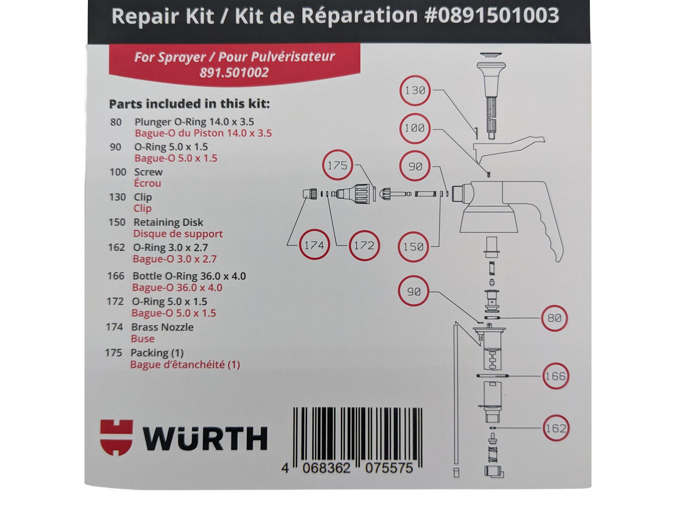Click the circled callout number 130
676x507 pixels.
(x=415, y=91)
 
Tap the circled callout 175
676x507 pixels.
(x=337, y=165)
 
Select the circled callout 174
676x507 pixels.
(x=314, y=245)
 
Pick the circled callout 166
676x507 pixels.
(x=556, y=376)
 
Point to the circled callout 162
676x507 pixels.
(x=556, y=428)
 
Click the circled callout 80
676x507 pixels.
(x=554, y=318)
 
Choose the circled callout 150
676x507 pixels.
(x=413, y=247)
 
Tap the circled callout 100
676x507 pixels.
(x=415, y=128)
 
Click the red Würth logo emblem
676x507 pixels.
(x=116, y=437)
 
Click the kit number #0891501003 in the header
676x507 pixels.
(x=492, y=15)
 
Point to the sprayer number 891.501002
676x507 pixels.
(x=234, y=73)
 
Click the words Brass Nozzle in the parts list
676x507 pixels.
(x=162, y=327)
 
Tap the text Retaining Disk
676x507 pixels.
(x=168, y=222)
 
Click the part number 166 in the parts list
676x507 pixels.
(x=116, y=276)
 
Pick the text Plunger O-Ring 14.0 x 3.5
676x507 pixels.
(x=194, y=122)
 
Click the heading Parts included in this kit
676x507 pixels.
(x=189, y=104)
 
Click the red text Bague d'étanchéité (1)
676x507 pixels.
(x=185, y=364)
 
